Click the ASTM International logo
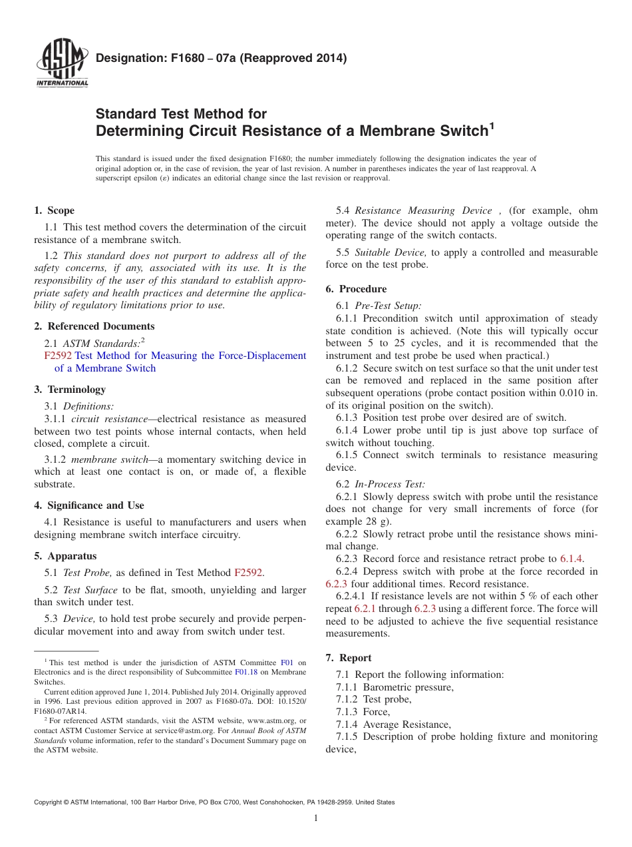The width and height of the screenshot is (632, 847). click(62, 65)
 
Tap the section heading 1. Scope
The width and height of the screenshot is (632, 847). click(55, 210)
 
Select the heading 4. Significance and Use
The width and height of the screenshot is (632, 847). click(89, 505)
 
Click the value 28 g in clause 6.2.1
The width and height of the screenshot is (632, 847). click(378, 521)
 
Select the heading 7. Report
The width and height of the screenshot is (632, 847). click(349, 658)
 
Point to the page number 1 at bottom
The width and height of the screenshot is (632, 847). click(316, 818)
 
